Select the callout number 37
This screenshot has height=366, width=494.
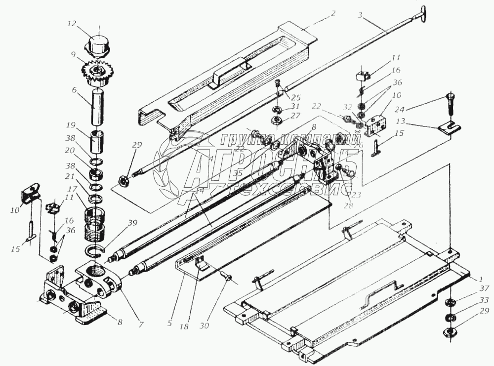[485, 288]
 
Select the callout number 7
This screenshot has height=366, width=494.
[141, 325]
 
